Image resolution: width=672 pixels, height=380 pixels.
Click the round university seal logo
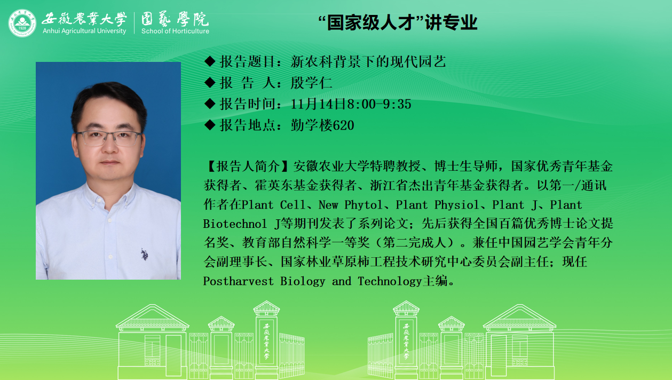pyautogui.click(x=22, y=23)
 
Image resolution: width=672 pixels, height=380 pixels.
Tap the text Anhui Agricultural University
pyautogui.click(x=84, y=31)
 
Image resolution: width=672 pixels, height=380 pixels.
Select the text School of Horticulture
pyautogui.click(x=175, y=31)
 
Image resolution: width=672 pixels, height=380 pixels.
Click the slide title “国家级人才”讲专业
pyautogui.click(x=398, y=22)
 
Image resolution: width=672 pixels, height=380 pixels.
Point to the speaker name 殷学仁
pyautogui.click(x=311, y=83)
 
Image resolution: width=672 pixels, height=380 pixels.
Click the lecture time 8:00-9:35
pyautogui.click(x=379, y=104)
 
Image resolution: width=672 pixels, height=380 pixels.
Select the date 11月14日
pyautogui.click(x=319, y=104)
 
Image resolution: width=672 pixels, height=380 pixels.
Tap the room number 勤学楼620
pyautogui.click(x=322, y=125)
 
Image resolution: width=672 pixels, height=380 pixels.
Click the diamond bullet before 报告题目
pyautogui.click(x=210, y=61)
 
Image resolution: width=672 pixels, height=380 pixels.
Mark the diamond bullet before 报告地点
pyautogui.click(x=210, y=125)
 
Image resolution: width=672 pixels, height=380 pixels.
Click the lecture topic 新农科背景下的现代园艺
pyautogui.click(x=368, y=62)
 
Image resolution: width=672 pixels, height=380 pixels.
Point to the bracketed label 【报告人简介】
pyautogui.click(x=248, y=167)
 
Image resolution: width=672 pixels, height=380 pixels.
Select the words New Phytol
pyautogui.click(x=350, y=205)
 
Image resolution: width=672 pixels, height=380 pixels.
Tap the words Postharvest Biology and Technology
pyautogui.click(x=313, y=281)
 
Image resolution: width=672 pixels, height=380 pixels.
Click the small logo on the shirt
pyautogui.click(x=145, y=255)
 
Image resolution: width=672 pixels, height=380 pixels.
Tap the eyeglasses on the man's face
pyautogui.click(x=108, y=139)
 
